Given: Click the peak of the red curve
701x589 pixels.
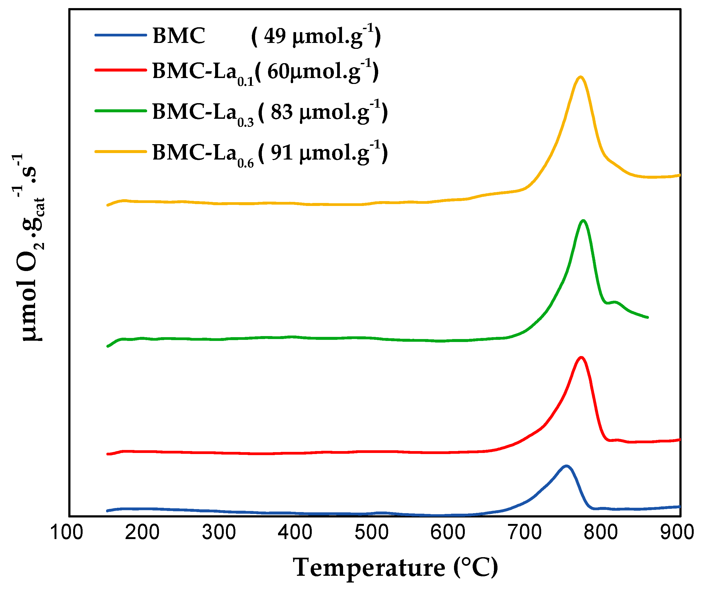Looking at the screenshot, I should click(581, 358).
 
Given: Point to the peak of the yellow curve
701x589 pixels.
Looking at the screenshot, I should click(581, 77).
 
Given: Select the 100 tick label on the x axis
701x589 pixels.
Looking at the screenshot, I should click(66, 532).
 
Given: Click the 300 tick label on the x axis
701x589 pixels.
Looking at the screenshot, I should click(219, 532).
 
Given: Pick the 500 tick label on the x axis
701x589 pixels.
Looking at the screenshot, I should click(371, 532).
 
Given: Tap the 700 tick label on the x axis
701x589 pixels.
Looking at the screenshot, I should click(524, 532).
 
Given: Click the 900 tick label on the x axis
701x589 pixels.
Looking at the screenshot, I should click(677, 532).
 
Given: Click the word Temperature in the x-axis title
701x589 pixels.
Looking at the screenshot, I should click(369, 568).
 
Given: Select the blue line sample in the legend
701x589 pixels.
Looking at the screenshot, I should click(121, 35).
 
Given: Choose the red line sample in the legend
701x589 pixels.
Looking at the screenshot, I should click(121, 70).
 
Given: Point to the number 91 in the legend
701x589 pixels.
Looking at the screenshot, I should click(282, 153).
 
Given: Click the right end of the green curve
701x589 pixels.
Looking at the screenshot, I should click(648, 317).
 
